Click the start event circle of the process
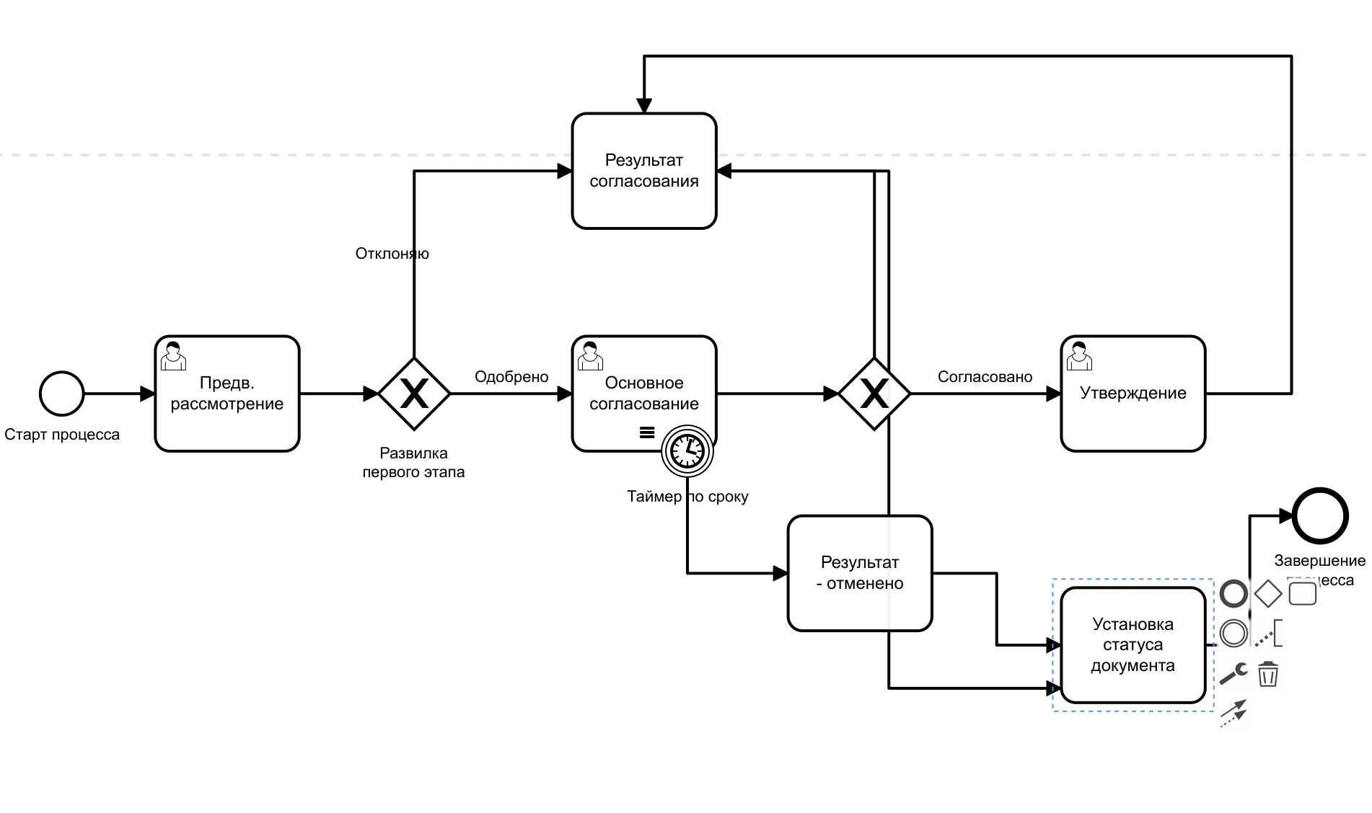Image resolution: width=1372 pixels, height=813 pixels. tap(61, 394)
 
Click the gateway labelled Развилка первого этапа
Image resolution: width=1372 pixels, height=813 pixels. tap(414, 394)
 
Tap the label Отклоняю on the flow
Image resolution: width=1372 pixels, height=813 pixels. tap(392, 254)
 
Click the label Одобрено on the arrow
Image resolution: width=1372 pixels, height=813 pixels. tap(511, 377)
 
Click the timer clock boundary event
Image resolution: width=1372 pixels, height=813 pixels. tap(687, 451)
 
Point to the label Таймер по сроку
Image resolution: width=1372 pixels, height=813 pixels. tap(687, 497)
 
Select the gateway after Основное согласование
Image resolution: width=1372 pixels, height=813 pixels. tap(874, 394)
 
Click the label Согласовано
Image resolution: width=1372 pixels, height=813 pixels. tap(984, 377)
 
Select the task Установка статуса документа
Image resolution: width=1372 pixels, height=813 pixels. tap(1133, 645)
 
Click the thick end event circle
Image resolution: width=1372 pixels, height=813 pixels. tap(1319, 515)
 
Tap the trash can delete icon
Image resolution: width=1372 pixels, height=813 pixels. tap(1267, 675)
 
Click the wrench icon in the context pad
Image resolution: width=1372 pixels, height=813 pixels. tap(1234, 673)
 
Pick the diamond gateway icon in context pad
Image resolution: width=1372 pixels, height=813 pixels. tap(1267, 594)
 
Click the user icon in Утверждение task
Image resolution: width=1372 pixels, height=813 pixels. tap(1079, 356)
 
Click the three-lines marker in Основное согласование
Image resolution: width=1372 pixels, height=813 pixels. tap(647, 432)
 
